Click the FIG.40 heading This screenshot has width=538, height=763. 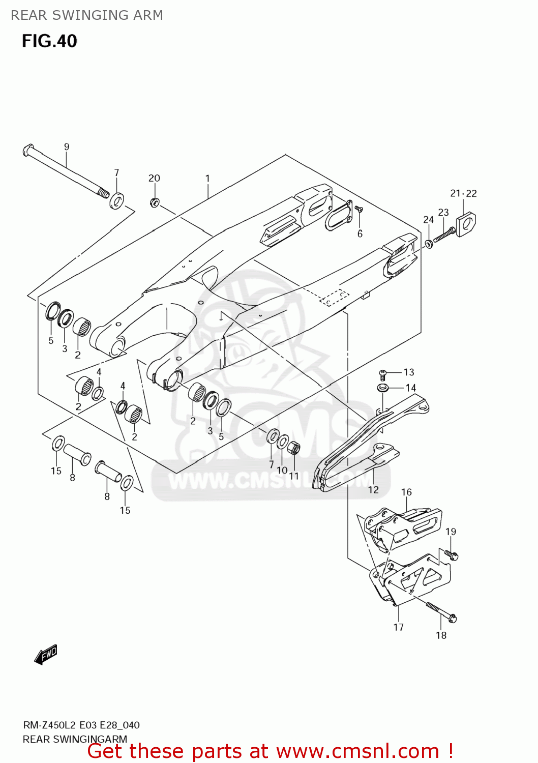49,41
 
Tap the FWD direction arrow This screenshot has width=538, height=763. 46,654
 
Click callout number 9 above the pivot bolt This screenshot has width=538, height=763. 67,147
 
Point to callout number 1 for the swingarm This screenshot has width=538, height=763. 207,179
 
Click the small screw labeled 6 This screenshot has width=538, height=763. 359,209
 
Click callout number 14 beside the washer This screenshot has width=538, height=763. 411,388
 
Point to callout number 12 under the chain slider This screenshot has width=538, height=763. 373,489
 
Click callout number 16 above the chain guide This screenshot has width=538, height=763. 406,492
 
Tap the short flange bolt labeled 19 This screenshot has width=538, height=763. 451,554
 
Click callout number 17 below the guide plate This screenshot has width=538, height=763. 399,627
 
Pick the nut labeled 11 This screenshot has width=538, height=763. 293,449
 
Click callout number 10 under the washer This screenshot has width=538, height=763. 282,471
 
